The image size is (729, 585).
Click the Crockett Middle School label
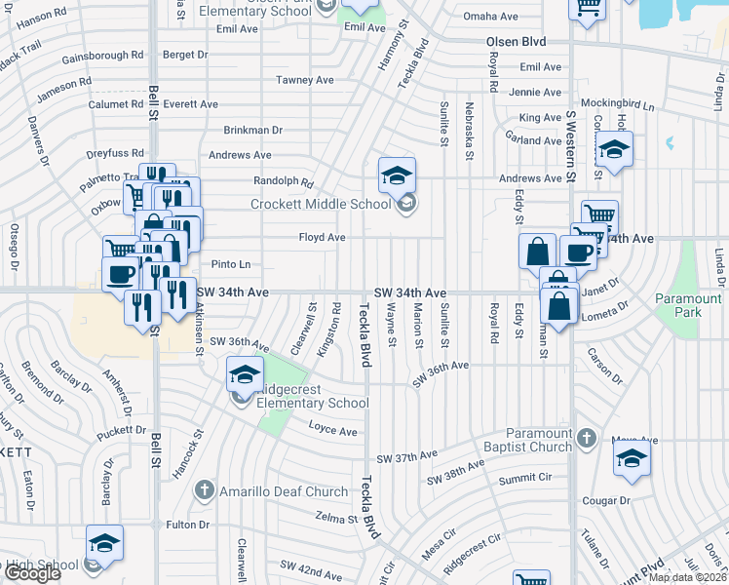pos(321,204)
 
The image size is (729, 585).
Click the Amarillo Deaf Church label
pos(284,491)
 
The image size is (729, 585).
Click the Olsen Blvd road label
pos(516,42)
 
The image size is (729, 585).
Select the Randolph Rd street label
pos(283,181)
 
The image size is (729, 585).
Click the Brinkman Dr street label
pos(252,130)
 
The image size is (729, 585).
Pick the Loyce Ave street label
pos(333,430)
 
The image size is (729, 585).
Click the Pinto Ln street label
pos(231,264)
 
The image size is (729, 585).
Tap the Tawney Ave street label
pos(305,79)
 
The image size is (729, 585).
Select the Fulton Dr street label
pos(189,525)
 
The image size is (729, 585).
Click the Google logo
pos(31,573)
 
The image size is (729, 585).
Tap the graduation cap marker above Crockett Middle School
pos(397,175)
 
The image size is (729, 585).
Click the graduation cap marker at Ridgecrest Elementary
pos(245,373)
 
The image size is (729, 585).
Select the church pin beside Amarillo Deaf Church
pos(205,489)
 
